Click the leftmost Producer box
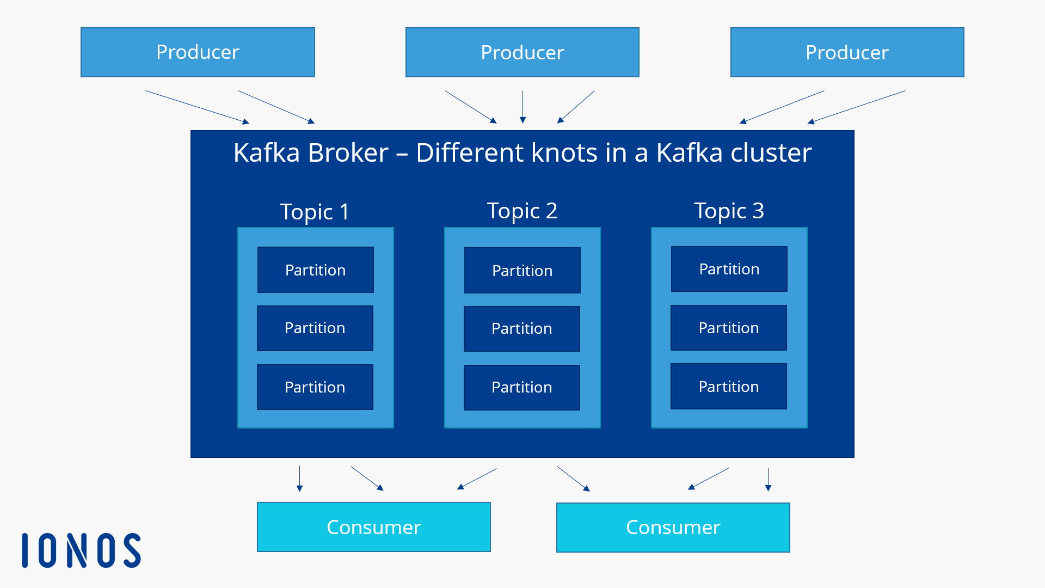198,52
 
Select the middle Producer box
522,52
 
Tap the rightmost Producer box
847,52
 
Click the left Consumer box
373,527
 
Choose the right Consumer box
673,527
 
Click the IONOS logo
82,550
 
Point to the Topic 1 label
315,212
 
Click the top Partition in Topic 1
315,270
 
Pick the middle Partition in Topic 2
521,328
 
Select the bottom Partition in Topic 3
728,387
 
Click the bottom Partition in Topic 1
315,387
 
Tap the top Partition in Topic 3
729,269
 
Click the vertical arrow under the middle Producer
522,107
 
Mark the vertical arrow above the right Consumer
768,479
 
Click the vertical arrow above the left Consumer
299,479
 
